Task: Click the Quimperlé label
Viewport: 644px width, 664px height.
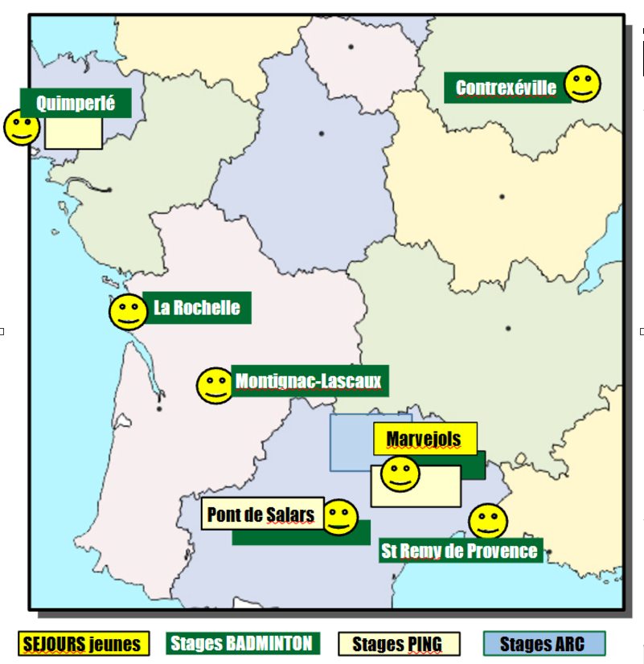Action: point(75,103)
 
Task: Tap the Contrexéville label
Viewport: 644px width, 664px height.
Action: point(507,88)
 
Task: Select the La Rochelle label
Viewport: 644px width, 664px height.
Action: point(197,308)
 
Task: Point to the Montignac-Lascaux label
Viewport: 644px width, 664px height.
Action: point(309,381)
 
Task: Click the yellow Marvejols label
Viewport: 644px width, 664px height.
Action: point(425,439)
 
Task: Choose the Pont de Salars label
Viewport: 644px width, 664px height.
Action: point(261,514)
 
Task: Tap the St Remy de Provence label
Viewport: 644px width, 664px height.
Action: point(459,551)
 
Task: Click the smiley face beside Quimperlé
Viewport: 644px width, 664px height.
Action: point(22,127)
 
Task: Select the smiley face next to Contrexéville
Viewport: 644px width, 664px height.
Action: point(583,84)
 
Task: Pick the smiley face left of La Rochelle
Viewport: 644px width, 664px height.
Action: point(127,313)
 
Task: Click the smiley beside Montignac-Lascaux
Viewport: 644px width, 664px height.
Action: point(215,386)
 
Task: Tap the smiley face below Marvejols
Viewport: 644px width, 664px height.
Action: point(400,474)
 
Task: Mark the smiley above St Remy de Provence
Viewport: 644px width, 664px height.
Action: point(487,522)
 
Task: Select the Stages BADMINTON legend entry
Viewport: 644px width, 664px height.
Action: point(242,643)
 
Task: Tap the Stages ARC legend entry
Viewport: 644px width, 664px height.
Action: point(544,644)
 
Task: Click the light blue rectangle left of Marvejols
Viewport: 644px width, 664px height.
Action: point(351,443)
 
